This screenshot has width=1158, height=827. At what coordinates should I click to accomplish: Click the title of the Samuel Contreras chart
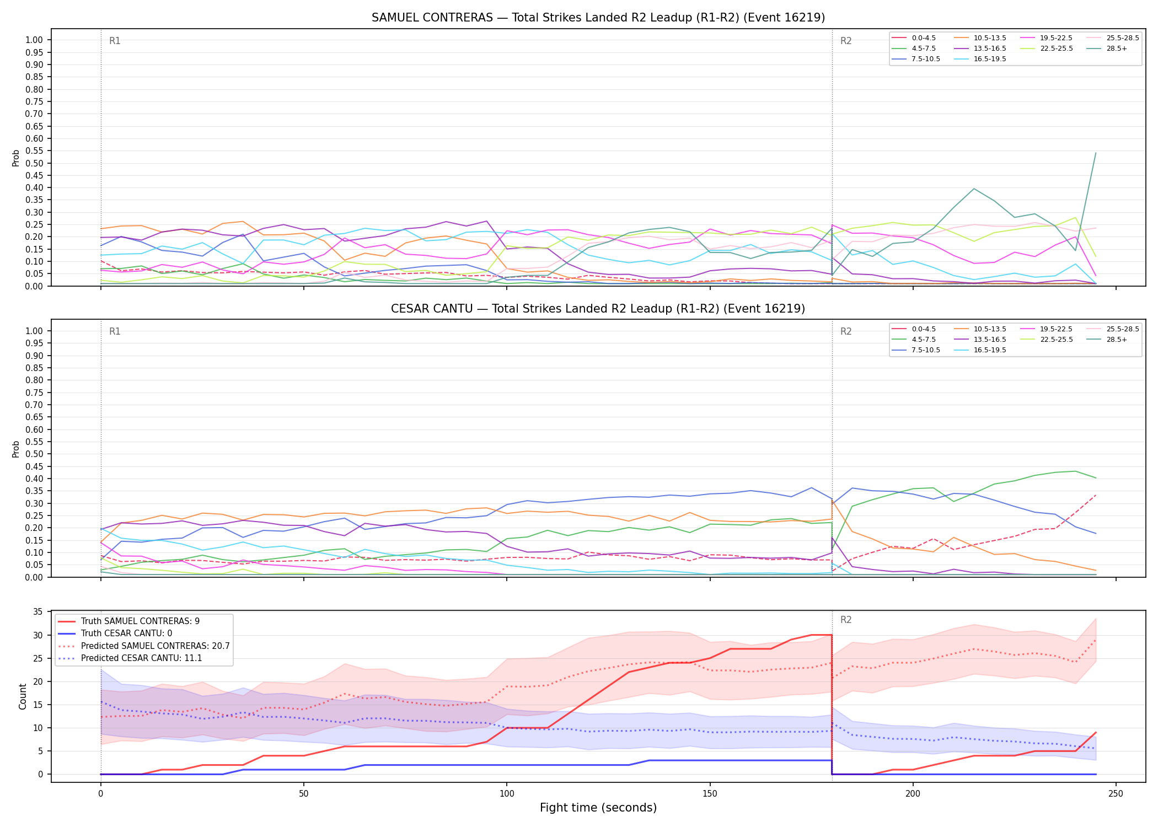[598, 18]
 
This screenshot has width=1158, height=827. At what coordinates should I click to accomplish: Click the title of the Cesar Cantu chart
[598, 309]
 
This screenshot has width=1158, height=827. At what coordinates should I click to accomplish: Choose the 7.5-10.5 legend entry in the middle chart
[916, 350]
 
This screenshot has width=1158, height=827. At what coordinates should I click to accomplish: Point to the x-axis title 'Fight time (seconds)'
[598, 808]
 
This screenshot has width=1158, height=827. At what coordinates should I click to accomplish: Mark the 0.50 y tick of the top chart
[34, 163]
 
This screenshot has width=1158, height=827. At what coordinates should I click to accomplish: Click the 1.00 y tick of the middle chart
[34, 331]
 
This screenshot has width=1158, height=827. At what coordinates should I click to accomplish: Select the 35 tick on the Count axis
[38, 612]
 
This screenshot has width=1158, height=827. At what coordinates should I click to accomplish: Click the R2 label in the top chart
[846, 41]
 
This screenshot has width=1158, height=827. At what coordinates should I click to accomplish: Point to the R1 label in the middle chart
[115, 331]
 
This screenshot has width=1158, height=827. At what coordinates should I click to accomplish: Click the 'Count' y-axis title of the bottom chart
[23, 696]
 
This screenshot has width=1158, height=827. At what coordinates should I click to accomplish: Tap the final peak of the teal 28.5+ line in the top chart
[1095, 153]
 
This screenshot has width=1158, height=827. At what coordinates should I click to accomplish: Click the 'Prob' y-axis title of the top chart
[16, 158]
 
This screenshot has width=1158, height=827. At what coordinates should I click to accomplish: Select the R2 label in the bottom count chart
[846, 620]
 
